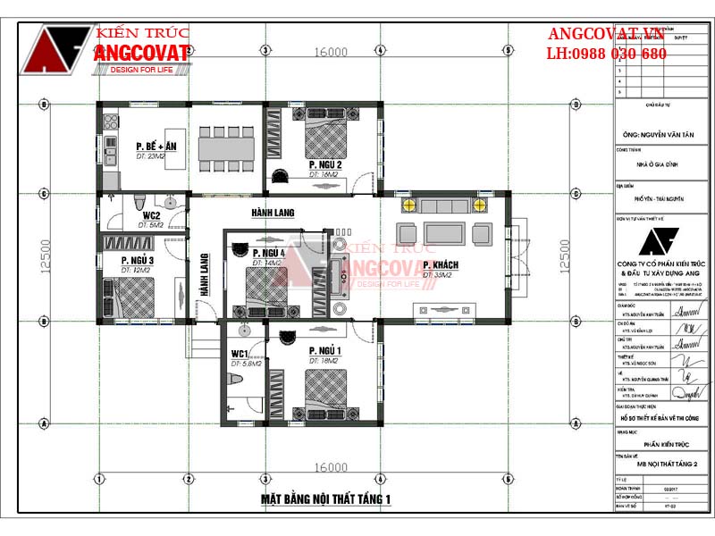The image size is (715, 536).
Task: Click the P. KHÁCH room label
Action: click(441, 266)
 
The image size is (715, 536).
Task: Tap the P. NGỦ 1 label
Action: click(325, 350)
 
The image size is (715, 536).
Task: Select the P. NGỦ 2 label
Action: click(325, 165)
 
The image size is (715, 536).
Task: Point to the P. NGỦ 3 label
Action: click(138, 260)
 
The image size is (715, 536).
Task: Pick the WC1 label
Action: click(240, 355)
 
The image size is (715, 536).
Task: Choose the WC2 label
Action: click(149, 215)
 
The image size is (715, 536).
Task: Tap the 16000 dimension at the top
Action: click(331, 52)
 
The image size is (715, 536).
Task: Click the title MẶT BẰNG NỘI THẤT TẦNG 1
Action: click(326, 498)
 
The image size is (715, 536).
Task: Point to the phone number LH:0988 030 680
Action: click(607, 54)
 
